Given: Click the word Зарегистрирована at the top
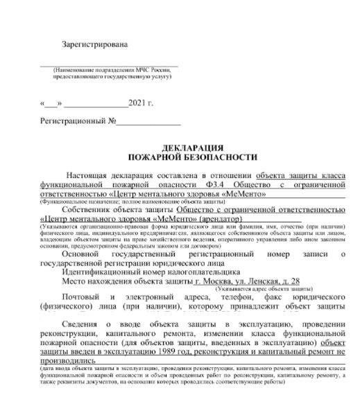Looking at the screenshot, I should (x=95, y=44).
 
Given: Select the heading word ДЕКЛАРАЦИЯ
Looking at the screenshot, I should (x=191, y=148).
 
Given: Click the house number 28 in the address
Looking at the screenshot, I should (x=293, y=281).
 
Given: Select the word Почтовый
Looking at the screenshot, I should (x=81, y=298).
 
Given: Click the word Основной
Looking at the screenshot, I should (x=81, y=256).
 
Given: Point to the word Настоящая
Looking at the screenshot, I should (x=88, y=176).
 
